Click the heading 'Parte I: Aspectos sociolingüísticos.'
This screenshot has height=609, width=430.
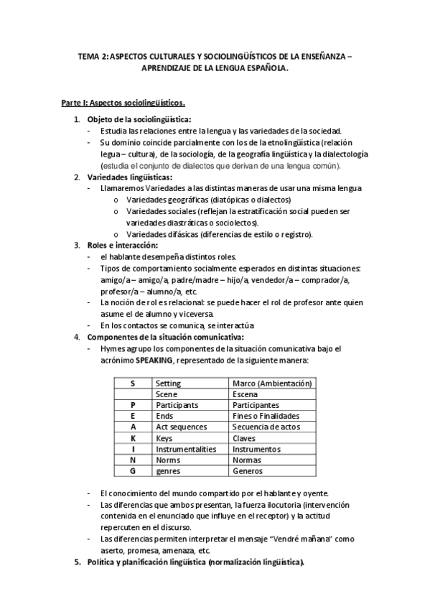pyautogui.click(x=123, y=103)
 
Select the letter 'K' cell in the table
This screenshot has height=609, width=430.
pyautogui.click(x=133, y=437)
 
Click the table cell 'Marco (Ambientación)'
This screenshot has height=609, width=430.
pyautogui.click(x=269, y=383)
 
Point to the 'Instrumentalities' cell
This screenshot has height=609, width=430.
pyautogui.click(x=186, y=448)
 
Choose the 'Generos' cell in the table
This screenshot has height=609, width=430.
pyautogui.click(x=248, y=470)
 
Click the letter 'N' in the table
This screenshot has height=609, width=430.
pyautogui.click(x=133, y=460)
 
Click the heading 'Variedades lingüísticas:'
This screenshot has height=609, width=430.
pyautogui.click(x=129, y=177)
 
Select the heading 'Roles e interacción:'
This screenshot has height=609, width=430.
pyautogui.click(x=122, y=245)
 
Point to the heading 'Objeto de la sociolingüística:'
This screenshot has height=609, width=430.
pyautogui.click(x=139, y=119)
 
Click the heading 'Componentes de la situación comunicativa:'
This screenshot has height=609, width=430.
pyautogui.click(x=166, y=337)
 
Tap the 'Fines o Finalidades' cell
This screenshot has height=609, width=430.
pyautogui.click(x=265, y=416)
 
